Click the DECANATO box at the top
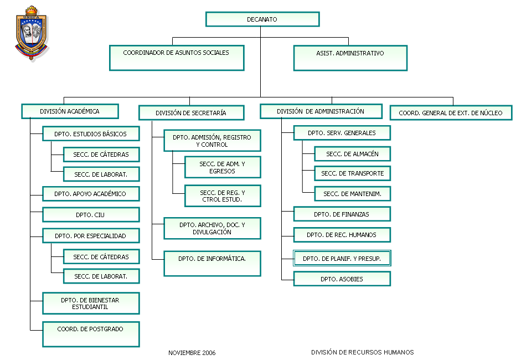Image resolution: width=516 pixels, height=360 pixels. (262, 19)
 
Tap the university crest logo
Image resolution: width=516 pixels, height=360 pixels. (32, 33)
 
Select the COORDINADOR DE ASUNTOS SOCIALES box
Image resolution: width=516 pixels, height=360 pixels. (177, 58)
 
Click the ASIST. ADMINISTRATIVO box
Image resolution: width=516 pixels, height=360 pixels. (350, 58)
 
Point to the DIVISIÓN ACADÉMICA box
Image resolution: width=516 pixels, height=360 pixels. (70, 111)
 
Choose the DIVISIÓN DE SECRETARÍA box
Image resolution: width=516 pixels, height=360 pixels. (191, 113)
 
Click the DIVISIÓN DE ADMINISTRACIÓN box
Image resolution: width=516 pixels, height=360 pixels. (321, 111)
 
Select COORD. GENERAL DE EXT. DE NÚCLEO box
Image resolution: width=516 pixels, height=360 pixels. (451, 112)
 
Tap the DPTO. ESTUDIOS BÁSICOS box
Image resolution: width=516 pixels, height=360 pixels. (91, 133)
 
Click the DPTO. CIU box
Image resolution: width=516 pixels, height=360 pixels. (91, 214)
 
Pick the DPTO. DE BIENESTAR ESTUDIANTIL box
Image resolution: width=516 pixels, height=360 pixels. (91, 303)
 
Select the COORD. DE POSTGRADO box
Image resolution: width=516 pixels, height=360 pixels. (91, 334)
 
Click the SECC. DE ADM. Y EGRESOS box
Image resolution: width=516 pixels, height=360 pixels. (223, 167)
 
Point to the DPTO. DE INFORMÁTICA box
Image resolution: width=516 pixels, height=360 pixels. (212, 264)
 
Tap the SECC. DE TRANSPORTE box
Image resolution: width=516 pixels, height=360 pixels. (353, 173)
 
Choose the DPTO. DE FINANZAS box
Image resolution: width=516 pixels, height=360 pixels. (342, 214)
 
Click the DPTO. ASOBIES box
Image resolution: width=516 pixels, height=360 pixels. (342, 279)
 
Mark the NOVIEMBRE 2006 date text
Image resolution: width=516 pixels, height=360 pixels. (192, 353)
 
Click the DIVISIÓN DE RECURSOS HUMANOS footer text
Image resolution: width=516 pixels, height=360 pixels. (362, 352)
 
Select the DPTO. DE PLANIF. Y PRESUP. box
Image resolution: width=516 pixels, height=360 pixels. (342, 258)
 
